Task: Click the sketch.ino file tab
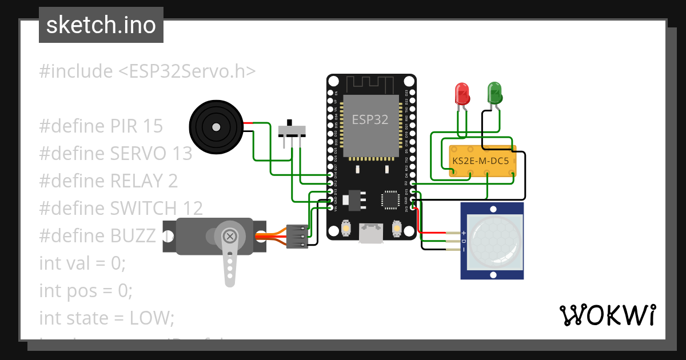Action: coord(101,25)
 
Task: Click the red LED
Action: coord(461,93)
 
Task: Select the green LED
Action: coord(494,93)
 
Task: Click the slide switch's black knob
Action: coord(291,123)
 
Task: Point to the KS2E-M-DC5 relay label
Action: coord(480,161)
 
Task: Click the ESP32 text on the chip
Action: coord(370,119)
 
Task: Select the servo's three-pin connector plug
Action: coord(297,235)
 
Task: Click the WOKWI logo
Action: coord(607,315)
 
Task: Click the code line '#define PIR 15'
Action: coord(101,126)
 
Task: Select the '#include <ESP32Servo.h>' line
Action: coord(147,71)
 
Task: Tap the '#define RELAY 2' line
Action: coord(108,181)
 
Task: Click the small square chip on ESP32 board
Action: coord(391,200)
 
